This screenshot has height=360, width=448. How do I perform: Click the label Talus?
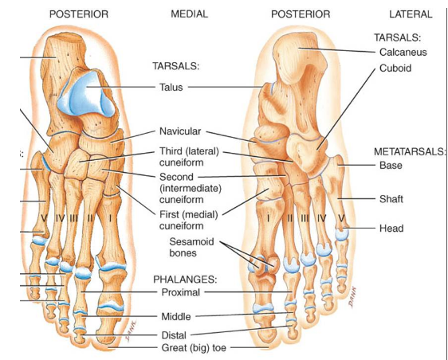[x=171, y=87]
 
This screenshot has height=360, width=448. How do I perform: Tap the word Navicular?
[x=180, y=131]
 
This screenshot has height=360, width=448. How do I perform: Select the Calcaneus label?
[x=403, y=53]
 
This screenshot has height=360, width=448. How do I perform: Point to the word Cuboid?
[x=395, y=68]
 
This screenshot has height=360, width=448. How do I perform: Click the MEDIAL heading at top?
[x=189, y=14]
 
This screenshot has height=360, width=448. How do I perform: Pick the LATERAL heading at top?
[x=411, y=14]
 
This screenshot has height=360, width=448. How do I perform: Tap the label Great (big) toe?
[x=194, y=348]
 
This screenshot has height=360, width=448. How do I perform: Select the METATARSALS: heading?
[x=410, y=151]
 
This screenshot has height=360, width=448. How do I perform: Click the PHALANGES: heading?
[x=185, y=280]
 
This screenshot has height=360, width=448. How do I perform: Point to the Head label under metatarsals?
[x=391, y=229]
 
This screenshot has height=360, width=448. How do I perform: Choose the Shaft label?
[x=391, y=199]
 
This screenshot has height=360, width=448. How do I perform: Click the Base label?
[x=391, y=166]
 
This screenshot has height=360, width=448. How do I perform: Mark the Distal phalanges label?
[x=174, y=335]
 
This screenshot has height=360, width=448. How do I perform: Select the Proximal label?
[x=181, y=292]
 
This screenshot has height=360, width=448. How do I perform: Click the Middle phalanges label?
[x=176, y=317]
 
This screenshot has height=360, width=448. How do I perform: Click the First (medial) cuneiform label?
[x=189, y=220]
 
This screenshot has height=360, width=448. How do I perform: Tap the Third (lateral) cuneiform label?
[x=189, y=157]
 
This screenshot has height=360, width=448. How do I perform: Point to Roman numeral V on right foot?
[x=342, y=219]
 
